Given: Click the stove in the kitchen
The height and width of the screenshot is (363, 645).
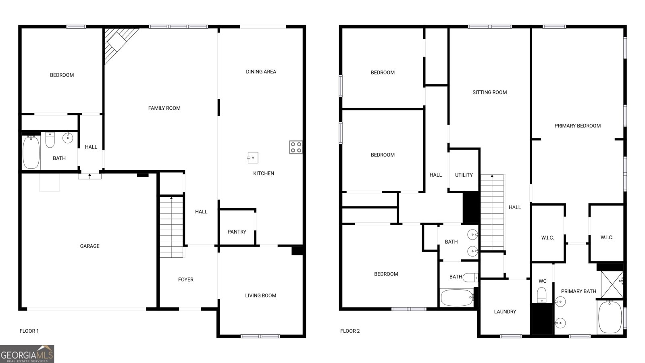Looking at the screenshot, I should (295, 147).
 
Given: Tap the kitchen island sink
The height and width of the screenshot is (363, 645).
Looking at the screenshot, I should (253, 157).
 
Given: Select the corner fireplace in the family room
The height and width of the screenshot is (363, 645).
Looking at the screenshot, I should (117, 42).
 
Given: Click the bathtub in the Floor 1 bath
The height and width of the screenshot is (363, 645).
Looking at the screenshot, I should (31, 152).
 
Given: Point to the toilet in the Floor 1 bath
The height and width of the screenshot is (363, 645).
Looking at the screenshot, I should (50, 140).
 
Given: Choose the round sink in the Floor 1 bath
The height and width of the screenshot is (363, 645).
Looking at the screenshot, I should (68, 138).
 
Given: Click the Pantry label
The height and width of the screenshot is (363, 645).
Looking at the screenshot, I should (237, 232).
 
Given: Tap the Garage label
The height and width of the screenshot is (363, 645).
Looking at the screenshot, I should (89, 246).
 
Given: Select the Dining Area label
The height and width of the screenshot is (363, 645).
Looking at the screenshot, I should (261, 72).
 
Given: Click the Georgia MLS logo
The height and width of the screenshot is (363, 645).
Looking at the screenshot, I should (27, 354).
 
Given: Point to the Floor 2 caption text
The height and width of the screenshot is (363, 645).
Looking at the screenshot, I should (350, 331).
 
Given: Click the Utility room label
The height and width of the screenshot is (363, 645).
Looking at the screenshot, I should (464, 175).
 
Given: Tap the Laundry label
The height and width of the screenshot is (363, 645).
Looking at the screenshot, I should (505, 312).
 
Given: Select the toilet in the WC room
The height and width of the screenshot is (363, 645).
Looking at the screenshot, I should (542, 294).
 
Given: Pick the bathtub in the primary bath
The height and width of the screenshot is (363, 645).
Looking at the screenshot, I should (610, 317).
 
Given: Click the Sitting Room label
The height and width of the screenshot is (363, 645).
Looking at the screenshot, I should (489, 92).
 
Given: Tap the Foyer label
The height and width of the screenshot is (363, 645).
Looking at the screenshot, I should (185, 280).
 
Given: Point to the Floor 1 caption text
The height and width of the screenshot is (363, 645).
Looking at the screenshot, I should (29, 331).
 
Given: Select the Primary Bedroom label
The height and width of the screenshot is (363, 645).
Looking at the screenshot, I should (577, 126).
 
